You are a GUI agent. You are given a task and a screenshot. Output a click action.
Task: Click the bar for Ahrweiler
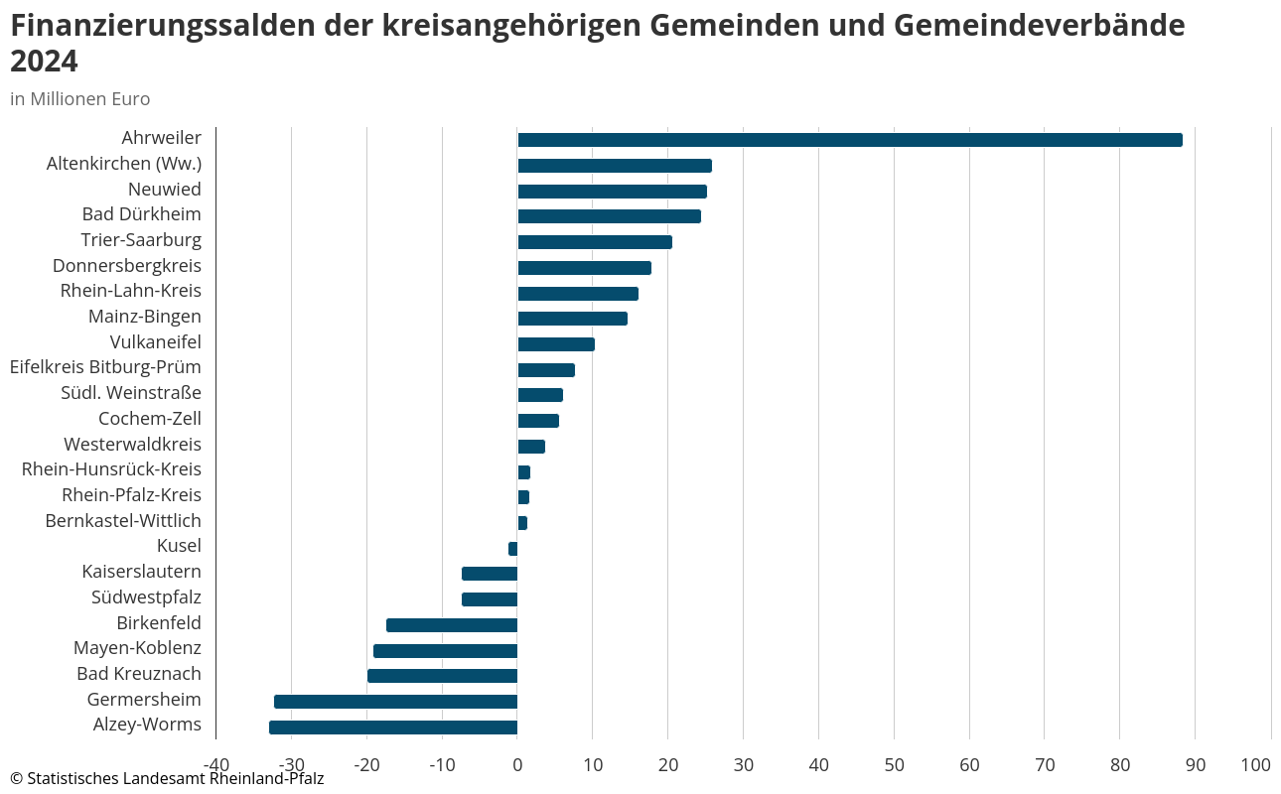(x=849, y=140)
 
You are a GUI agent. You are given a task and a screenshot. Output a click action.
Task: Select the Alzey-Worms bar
(x=393, y=728)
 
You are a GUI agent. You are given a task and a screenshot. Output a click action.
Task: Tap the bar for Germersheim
(x=395, y=702)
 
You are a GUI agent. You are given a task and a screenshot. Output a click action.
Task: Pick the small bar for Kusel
(x=513, y=549)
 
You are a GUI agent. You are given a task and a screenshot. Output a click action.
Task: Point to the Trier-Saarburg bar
(x=595, y=242)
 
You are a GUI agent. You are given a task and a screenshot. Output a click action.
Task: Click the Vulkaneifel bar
(x=556, y=344)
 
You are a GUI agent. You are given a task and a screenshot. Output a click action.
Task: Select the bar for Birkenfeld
(x=452, y=625)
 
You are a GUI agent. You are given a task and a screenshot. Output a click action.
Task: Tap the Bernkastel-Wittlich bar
(x=522, y=523)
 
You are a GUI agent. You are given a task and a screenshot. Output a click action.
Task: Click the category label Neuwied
(x=165, y=190)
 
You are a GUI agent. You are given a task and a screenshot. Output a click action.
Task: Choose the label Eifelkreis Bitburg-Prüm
(x=105, y=368)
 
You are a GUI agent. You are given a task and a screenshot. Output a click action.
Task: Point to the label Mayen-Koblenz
(x=137, y=649)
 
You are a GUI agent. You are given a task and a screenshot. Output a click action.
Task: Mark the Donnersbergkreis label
(x=127, y=266)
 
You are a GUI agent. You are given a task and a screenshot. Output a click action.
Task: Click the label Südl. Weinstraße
(x=131, y=394)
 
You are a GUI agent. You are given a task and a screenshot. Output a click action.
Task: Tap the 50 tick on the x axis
(x=894, y=765)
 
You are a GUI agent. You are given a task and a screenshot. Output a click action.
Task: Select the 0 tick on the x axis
(x=517, y=765)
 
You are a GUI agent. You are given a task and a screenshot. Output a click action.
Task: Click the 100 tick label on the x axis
(x=1256, y=765)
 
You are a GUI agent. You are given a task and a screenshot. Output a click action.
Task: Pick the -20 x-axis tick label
(x=366, y=765)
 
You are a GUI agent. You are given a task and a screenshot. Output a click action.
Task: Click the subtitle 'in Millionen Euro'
(x=80, y=99)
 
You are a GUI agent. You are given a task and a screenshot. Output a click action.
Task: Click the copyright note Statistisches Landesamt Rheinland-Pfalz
(x=167, y=779)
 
